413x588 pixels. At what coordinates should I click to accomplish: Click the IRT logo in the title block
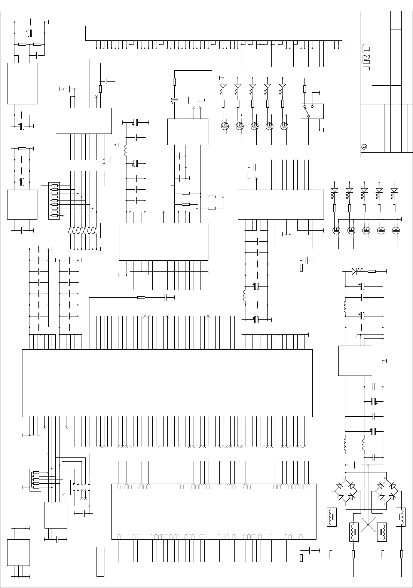367,58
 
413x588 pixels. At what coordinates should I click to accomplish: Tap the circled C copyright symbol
364,146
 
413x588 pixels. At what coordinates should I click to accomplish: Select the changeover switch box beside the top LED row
312,111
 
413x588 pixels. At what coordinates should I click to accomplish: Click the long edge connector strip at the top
214,33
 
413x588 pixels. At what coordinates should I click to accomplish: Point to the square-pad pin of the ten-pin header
74,484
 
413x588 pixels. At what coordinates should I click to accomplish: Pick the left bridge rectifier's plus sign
344,478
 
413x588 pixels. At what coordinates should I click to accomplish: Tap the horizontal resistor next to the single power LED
371,271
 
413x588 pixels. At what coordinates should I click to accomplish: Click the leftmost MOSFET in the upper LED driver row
225,126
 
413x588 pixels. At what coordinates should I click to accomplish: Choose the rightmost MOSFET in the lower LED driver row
395,230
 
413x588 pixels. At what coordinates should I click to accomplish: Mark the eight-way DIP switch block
84,230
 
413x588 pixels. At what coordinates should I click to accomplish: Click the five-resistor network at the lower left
36,480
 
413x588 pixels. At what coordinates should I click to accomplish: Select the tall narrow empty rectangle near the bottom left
100,561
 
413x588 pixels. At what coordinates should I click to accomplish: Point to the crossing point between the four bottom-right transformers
368,525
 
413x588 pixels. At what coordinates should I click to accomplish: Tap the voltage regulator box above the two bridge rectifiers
355,360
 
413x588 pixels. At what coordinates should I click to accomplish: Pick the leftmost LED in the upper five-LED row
223,86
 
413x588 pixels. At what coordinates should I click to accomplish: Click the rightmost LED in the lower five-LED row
394,190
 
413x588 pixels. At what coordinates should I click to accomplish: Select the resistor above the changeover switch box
305,89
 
